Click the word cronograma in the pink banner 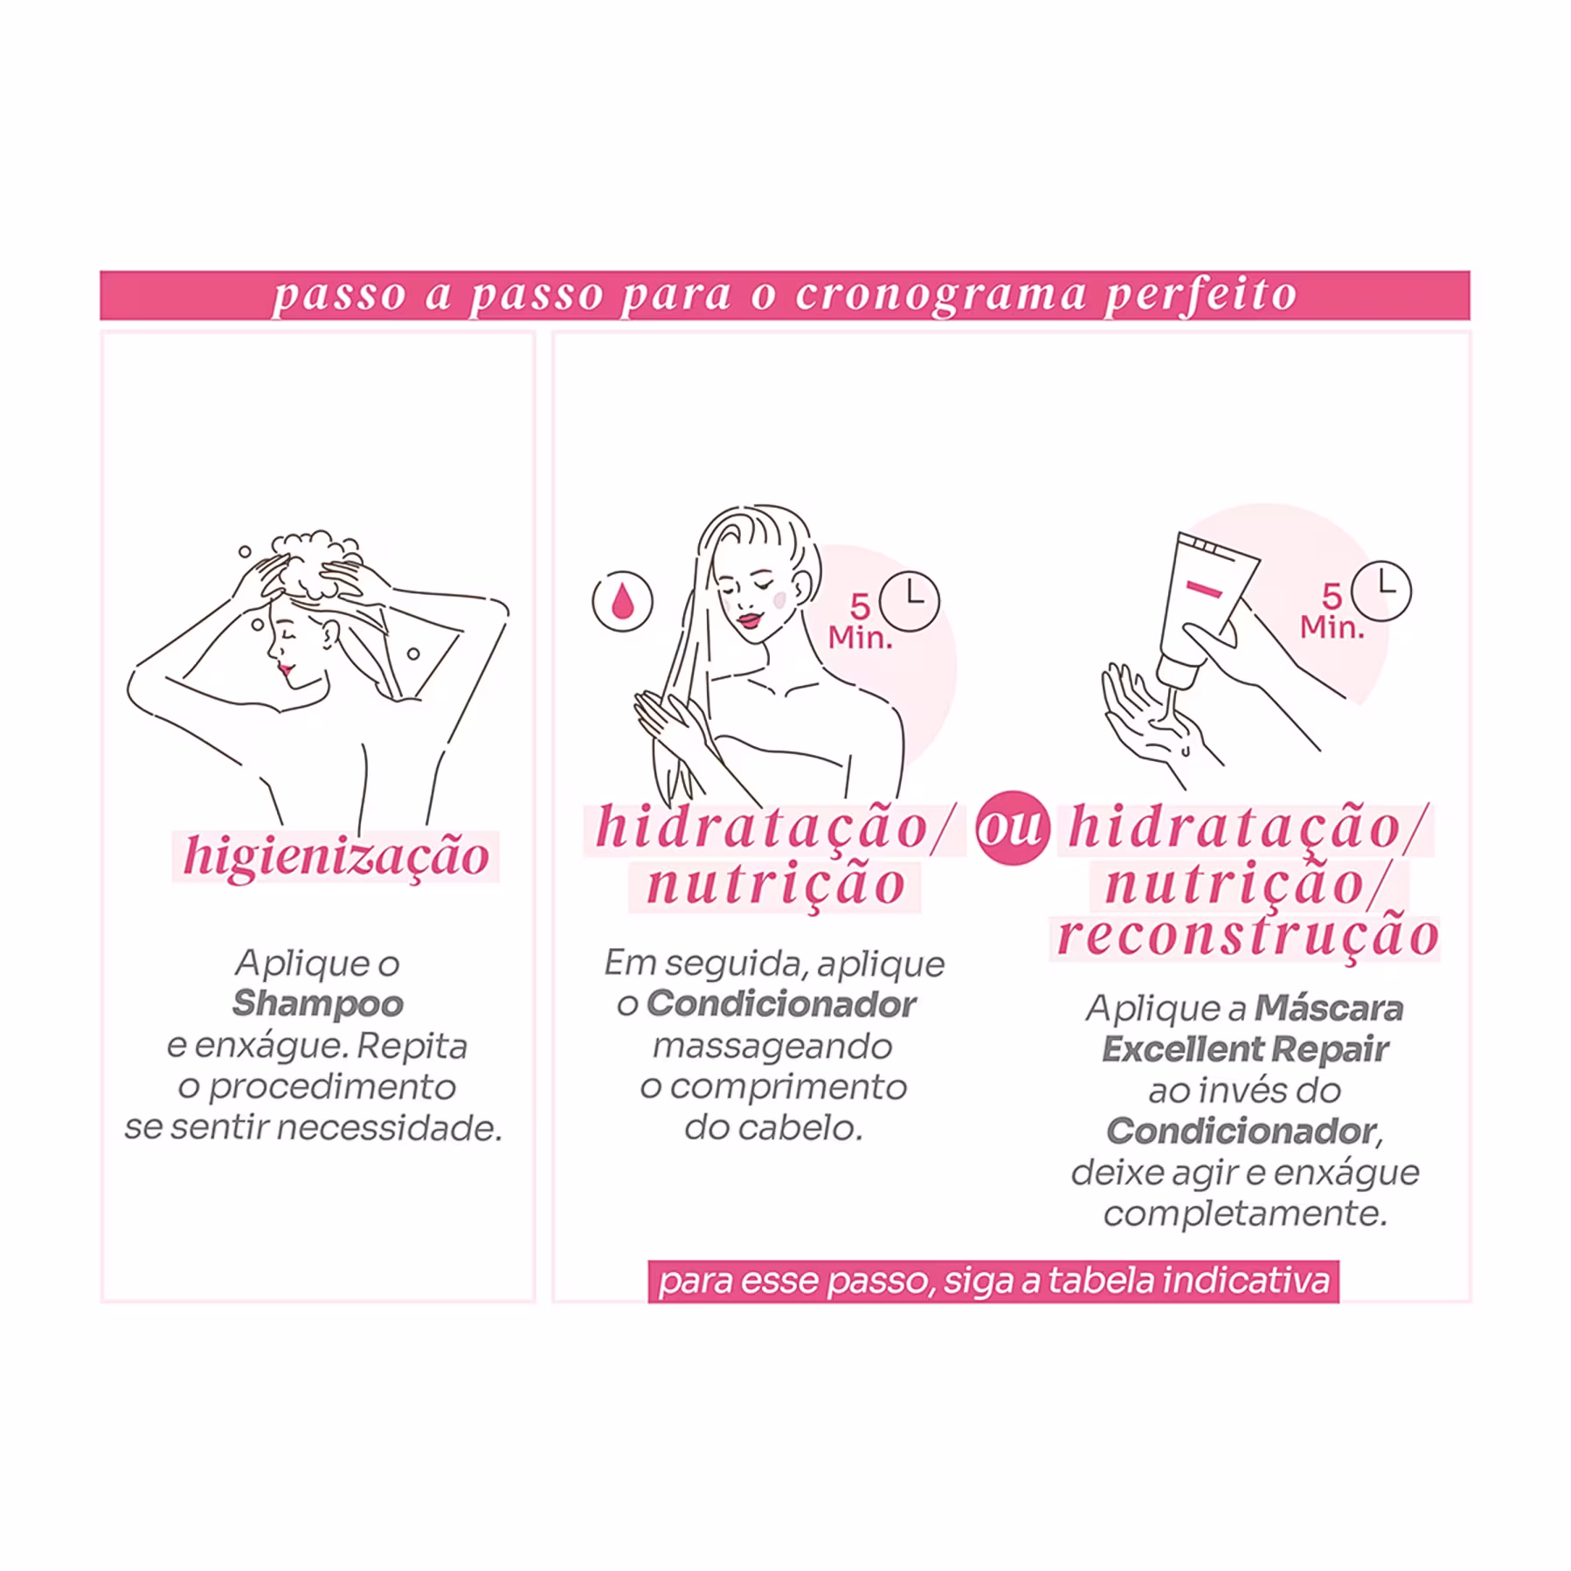[x=940, y=296]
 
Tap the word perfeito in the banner [x=1201, y=295]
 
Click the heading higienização [x=336, y=855]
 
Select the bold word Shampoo [x=318, y=1003]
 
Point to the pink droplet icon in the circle [x=622, y=601]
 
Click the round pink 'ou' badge [x=1013, y=827]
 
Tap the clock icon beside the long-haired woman [x=909, y=601]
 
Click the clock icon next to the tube [x=1381, y=592]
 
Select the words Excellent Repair [x=1245, y=1048]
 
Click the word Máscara [x=1329, y=1007]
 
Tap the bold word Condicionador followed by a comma [x=1244, y=1132]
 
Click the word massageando [x=772, y=1047]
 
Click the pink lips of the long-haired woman [x=750, y=619]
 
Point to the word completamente [x=1245, y=1214]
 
